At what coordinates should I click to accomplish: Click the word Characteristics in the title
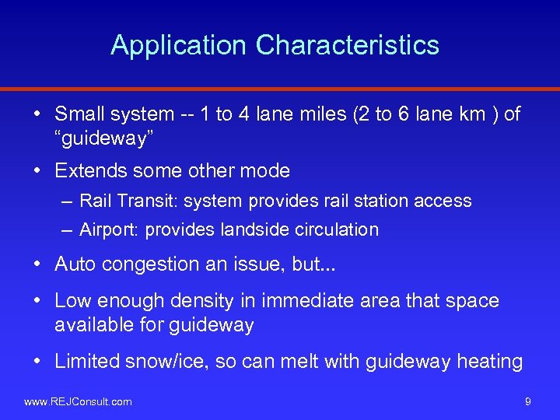click(348, 45)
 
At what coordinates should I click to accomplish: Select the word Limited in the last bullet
click(87, 361)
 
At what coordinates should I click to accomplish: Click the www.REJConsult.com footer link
click(78, 401)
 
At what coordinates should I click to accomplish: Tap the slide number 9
click(528, 401)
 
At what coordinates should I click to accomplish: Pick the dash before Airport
click(67, 230)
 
